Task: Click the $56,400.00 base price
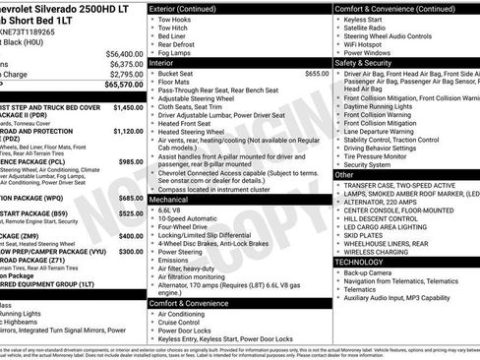click(124, 53)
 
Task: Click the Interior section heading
click(168, 61)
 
